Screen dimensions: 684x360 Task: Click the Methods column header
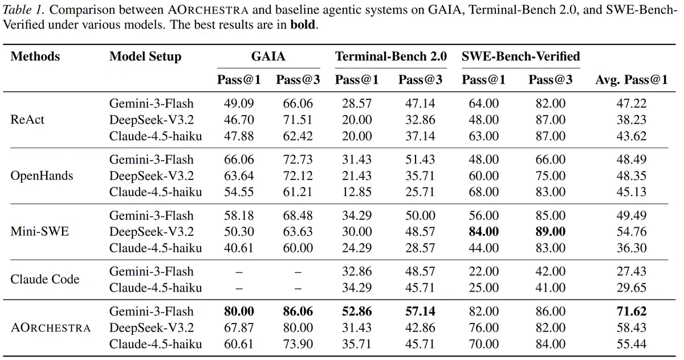click(35, 56)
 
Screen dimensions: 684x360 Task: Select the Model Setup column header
click(145, 57)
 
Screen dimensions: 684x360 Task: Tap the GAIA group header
click(268, 56)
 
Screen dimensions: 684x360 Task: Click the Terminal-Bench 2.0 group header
click(391, 56)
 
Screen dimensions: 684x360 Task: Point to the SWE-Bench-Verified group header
click(521, 56)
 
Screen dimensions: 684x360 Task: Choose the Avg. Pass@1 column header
click(632, 80)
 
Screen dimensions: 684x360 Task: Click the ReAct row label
click(27, 120)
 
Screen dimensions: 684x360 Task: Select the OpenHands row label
click(42, 176)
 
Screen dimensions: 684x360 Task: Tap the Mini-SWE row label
click(40, 232)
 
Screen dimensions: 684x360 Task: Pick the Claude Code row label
click(45, 280)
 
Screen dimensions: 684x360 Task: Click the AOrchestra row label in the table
click(51, 328)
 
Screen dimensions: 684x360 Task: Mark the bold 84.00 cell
click(484, 232)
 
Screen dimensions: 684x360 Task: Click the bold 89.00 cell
click(550, 232)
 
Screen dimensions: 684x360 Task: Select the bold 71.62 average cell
click(632, 312)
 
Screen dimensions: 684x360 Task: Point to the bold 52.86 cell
click(357, 312)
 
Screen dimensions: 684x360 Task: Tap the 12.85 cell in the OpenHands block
click(357, 192)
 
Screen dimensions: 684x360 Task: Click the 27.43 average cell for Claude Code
click(632, 272)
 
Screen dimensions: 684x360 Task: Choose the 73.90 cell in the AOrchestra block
click(298, 344)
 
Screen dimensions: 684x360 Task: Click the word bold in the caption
click(302, 24)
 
